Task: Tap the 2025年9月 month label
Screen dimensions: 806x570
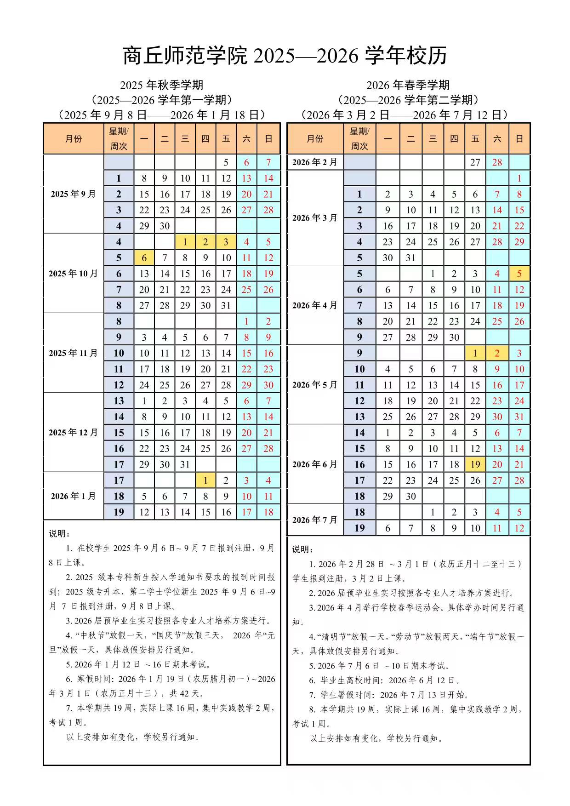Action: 74,194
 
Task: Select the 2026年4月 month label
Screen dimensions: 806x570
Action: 315,305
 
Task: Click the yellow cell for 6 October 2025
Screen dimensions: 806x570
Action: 144,258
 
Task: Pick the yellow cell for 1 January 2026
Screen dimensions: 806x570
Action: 205,480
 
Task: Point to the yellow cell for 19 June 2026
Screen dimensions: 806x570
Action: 475,464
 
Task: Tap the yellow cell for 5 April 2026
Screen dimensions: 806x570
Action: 519,274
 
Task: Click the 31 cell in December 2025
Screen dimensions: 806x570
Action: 185,464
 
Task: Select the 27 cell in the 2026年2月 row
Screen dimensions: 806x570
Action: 475,162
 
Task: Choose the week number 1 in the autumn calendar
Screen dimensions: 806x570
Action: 119,178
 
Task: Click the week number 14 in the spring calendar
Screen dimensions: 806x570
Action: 359,433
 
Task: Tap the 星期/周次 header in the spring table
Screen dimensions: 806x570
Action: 359,138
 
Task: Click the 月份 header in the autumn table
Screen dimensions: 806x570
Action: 74,138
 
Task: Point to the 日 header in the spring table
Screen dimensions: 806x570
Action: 519,138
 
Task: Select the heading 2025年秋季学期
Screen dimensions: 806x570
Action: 162,85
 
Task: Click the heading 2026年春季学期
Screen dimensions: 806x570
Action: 408,85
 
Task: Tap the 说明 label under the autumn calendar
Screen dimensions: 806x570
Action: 59,534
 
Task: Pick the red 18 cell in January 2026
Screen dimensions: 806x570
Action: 268,512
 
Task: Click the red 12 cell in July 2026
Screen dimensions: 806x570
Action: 519,528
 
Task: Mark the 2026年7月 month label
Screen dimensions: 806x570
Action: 315,520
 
